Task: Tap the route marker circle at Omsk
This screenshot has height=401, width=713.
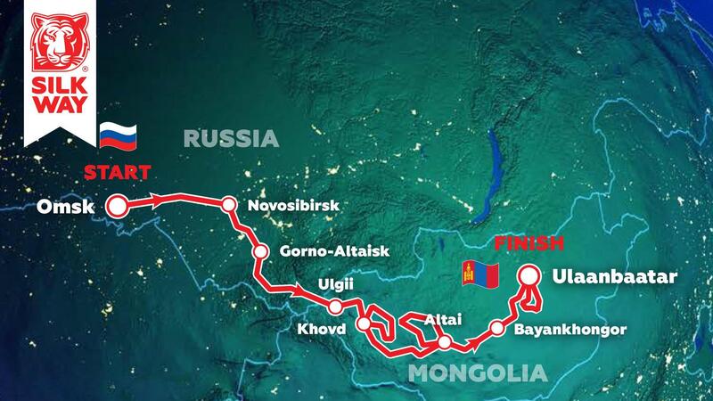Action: click(x=116, y=207)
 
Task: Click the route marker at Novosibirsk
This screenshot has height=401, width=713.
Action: click(x=229, y=205)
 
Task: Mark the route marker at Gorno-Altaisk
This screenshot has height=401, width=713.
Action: click(x=260, y=251)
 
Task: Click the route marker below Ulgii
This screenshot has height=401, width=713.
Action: click(x=335, y=307)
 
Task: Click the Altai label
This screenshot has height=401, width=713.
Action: click(x=444, y=318)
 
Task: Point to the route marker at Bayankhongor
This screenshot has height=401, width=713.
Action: click(x=497, y=329)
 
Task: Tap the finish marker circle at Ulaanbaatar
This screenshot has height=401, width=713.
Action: click(x=530, y=277)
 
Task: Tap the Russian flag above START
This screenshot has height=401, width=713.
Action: click(x=118, y=136)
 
